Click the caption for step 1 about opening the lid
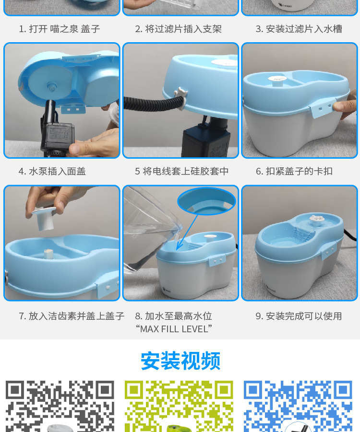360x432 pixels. (60, 29)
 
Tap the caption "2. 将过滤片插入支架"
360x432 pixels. (178, 29)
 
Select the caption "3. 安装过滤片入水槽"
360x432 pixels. (299, 29)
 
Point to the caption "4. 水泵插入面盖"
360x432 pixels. (52, 171)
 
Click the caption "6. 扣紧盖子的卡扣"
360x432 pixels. (294, 171)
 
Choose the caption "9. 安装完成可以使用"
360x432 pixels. (299, 316)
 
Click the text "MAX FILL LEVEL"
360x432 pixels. (174, 329)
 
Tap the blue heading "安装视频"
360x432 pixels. (180, 361)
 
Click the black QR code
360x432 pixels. (60, 407)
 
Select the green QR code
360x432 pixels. (179, 407)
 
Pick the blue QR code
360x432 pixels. (298, 407)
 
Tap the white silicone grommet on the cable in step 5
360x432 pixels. (181, 97)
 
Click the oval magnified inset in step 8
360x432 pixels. (206, 201)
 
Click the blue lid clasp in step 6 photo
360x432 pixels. (322, 108)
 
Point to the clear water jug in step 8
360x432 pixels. (149, 232)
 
